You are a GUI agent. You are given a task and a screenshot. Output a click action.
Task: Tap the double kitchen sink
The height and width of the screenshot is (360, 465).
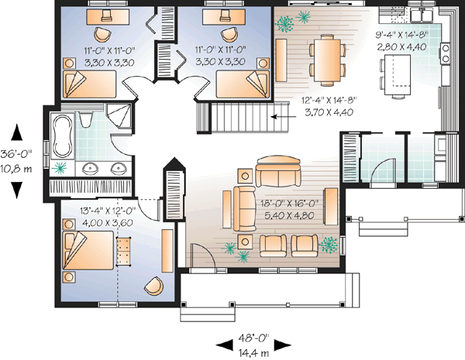click(422, 14)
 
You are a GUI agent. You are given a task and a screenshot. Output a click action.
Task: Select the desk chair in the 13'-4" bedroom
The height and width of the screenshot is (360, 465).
click(153, 286)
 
